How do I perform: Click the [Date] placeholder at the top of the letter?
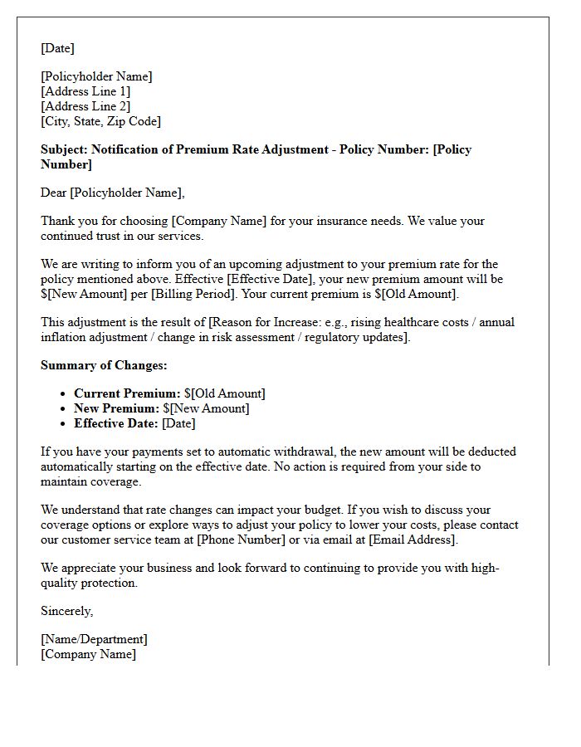tap(57, 48)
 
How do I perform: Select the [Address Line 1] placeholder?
tap(85, 91)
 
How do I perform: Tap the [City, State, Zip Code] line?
tap(100, 121)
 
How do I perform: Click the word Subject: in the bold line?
tap(64, 149)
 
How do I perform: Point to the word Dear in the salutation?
tap(54, 193)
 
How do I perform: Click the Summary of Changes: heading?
tap(104, 365)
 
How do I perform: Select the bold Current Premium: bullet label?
tap(127, 393)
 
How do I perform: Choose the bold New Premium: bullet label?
tap(116, 408)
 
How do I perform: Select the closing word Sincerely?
tap(67, 611)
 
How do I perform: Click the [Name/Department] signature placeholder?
tap(94, 639)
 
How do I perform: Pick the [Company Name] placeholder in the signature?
tap(88, 654)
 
